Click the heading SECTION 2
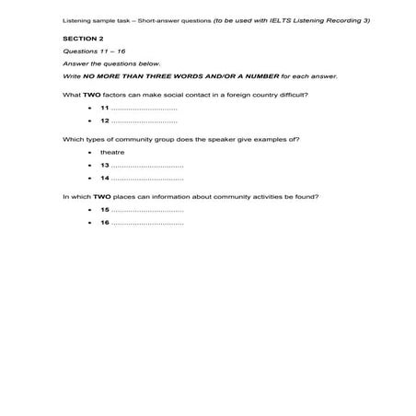(x=83, y=40)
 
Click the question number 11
(x=104, y=108)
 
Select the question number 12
(x=104, y=121)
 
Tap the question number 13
(x=104, y=164)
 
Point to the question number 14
(x=104, y=177)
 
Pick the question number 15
(x=104, y=210)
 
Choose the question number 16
(x=104, y=223)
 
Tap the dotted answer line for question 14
(x=147, y=178)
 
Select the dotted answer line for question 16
(x=147, y=224)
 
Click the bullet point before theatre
(x=89, y=152)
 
